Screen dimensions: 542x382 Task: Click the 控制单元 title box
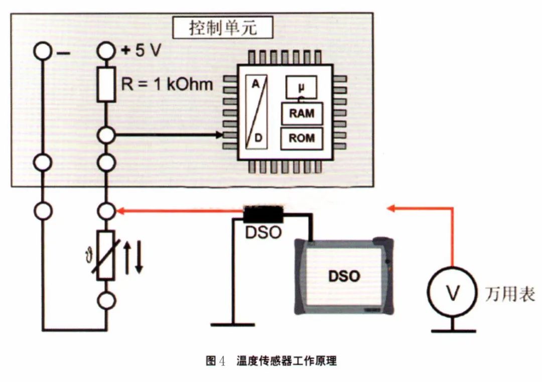point(223,28)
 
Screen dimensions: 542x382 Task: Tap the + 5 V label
point(141,51)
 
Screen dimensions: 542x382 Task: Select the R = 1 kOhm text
point(167,84)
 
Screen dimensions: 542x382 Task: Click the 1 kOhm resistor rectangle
point(106,85)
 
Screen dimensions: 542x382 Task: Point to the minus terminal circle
point(43,51)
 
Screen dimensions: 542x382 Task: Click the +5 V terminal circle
point(106,51)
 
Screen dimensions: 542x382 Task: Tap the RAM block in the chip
point(302,113)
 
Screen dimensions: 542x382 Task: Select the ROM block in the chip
point(302,138)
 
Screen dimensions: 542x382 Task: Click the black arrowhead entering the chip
point(219,135)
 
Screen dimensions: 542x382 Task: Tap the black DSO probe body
point(263,215)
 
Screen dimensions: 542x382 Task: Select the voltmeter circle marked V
point(452,292)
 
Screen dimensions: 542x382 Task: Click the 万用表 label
point(510,294)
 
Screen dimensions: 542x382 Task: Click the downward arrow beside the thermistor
point(139,258)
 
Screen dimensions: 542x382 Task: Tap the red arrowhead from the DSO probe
point(120,210)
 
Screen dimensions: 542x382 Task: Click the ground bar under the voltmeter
point(454,331)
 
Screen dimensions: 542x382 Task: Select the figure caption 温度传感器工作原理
point(287,361)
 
